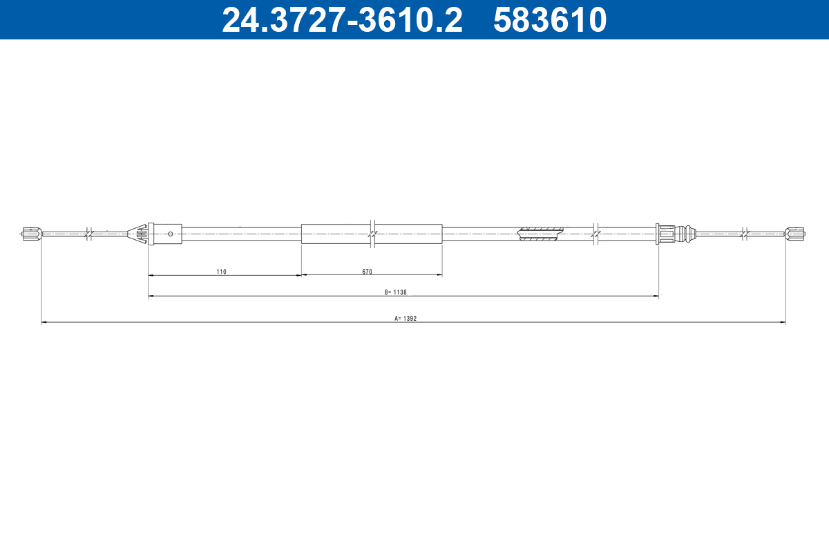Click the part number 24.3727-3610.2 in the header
(341, 20)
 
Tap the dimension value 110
(221, 272)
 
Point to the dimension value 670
(367, 272)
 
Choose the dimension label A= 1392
(406, 319)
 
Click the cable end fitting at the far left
(30, 234)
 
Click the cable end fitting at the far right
(796, 234)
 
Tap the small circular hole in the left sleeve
(171, 234)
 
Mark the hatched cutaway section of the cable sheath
(541, 234)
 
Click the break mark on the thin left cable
(88, 234)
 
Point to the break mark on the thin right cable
(743, 234)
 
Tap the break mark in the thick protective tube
(372, 234)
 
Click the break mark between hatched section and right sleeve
(595, 234)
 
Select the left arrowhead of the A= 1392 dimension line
(44, 322)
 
